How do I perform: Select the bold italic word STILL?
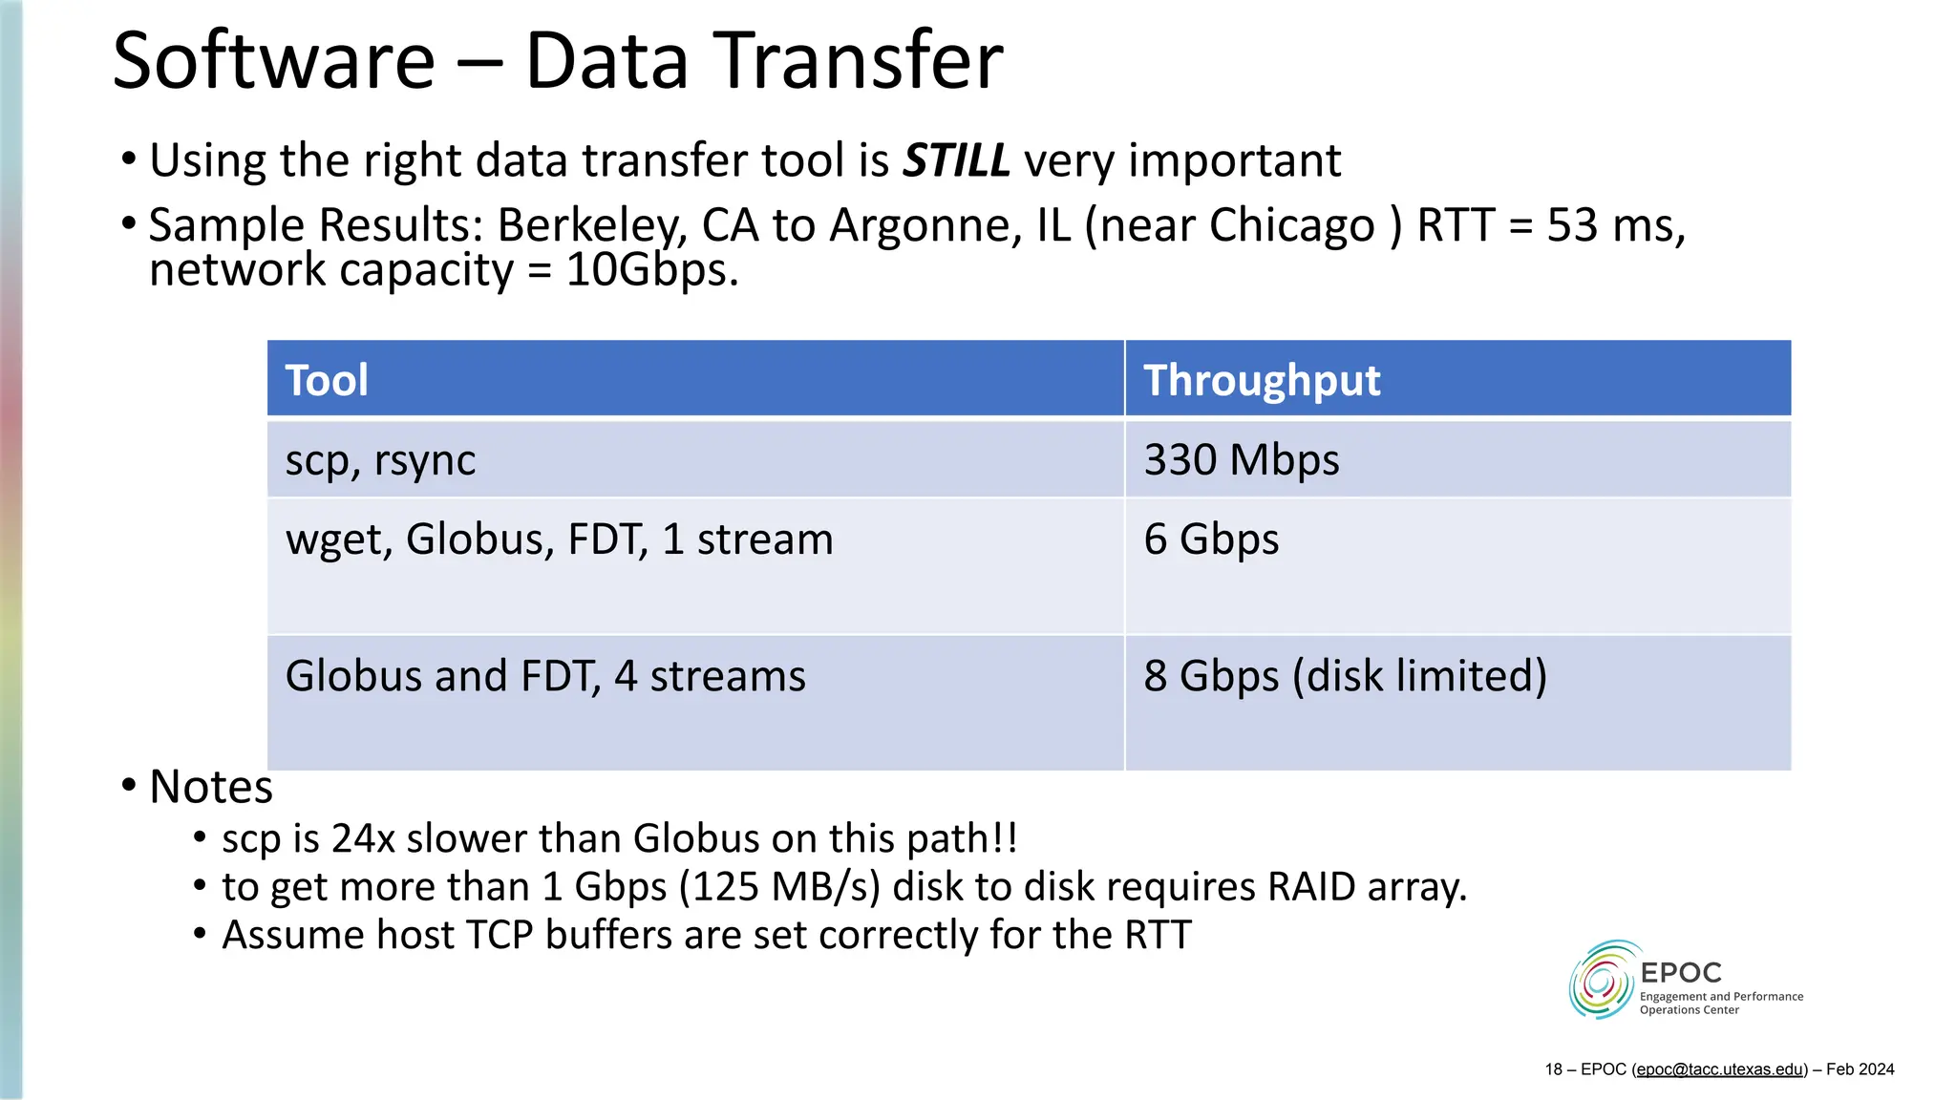click(x=956, y=160)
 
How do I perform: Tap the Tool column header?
click(x=327, y=380)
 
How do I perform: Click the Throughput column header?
click(x=1262, y=380)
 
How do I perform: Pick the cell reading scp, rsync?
click(x=380, y=460)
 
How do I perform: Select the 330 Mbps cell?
click(x=1242, y=460)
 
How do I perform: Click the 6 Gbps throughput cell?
click(x=1211, y=539)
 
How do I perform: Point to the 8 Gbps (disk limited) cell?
click(x=1345, y=676)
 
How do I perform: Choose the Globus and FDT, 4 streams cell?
click(x=545, y=676)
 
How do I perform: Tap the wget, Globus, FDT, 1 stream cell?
click(x=559, y=539)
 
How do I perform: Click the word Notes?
click(x=211, y=787)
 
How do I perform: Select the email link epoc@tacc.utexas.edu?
click(x=1719, y=1069)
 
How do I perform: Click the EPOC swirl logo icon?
click(x=1602, y=981)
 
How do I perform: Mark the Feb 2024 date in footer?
click(x=1860, y=1069)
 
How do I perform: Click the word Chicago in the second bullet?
click(x=1291, y=226)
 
